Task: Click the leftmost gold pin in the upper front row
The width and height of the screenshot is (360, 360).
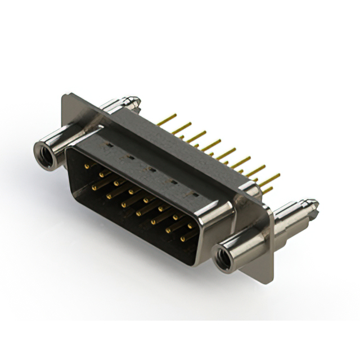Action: tap(86, 167)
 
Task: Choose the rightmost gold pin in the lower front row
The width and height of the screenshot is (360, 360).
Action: tap(183, 240)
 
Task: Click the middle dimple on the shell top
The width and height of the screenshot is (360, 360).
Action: tap(151, 168)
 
